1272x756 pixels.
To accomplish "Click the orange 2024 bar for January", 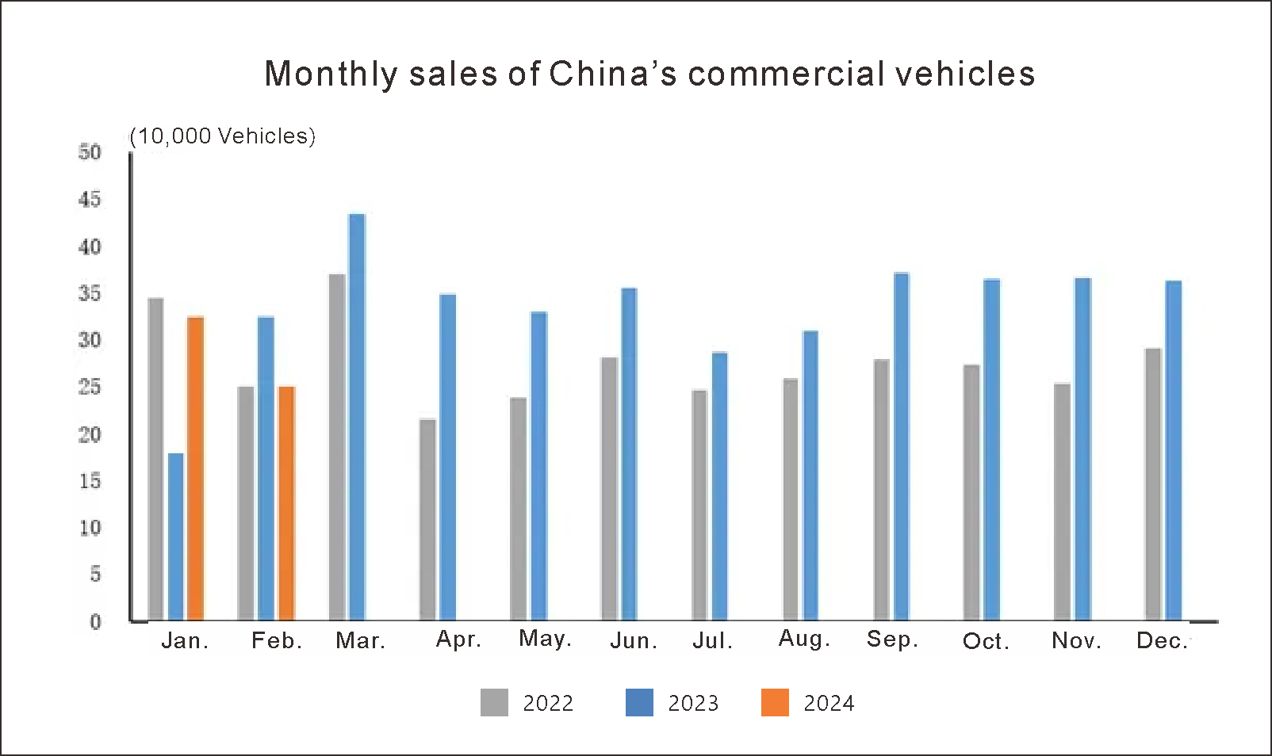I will click(195, 468).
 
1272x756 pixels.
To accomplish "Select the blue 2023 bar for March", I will click(357, 417).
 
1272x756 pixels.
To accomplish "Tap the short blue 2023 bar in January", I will click(176, 536).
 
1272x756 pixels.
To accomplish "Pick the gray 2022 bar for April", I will click(427, 519).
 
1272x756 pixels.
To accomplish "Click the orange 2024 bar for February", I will click(286, 503).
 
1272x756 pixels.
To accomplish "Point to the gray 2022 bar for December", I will click(1153, 483).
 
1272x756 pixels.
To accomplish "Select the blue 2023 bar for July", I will click(719, 486).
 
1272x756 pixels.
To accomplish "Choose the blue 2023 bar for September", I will click(901, 446).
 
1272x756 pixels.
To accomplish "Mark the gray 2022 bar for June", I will click(609, 488).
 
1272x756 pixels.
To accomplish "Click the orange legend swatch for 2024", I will click(775, 703).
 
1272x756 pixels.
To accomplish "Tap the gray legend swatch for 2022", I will click(494, 703).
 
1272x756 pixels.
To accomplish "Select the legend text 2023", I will click(693, 704).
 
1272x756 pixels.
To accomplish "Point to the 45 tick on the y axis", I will click(90, 200).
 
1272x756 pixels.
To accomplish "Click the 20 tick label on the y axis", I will click(90, 434).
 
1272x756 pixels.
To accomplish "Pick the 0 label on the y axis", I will click(95, 622).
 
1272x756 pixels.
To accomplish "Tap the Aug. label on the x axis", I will click(804, 639).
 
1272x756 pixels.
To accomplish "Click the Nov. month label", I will click(1076, 640).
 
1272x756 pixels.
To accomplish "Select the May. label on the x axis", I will click(545, 639).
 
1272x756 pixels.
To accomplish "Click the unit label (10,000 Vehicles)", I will click(222, 136).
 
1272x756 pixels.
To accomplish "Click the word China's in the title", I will click(613, 74).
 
